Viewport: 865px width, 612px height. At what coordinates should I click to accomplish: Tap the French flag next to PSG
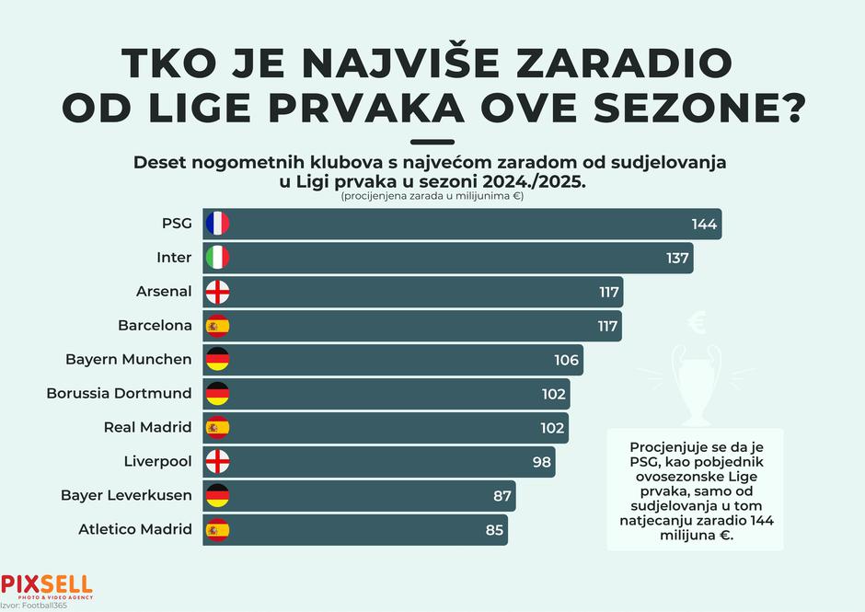coord(217,224)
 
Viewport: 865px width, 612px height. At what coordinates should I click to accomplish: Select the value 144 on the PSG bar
coord(704,224)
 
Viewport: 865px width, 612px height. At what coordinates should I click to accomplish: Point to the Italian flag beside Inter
coord(217,258)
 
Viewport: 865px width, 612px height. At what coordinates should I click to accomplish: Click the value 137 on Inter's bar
coord(677,258)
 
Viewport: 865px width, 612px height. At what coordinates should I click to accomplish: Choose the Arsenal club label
coord(164,292)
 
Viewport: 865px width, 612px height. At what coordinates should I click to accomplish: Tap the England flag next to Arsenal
coord(217,292)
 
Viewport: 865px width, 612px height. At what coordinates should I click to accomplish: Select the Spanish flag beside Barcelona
coord(217,326)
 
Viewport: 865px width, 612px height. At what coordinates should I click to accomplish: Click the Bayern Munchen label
coord(128,360)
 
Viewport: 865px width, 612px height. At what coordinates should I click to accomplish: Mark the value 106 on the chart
coord(567,360)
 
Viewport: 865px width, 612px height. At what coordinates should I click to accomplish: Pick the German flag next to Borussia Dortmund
coord(217,394)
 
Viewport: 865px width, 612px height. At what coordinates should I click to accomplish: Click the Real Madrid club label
coord(147,428)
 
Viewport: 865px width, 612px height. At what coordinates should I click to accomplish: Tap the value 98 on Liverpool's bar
coord(543,461)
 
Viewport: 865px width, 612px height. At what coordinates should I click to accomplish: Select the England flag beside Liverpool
coord(217,461)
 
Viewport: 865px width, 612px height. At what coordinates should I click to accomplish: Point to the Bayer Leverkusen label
coord(126,495)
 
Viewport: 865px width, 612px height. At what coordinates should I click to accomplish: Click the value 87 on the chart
coord(502,495)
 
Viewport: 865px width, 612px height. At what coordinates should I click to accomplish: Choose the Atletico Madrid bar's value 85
coord(494,529)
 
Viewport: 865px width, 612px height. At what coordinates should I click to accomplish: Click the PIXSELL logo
coord(46,584)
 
